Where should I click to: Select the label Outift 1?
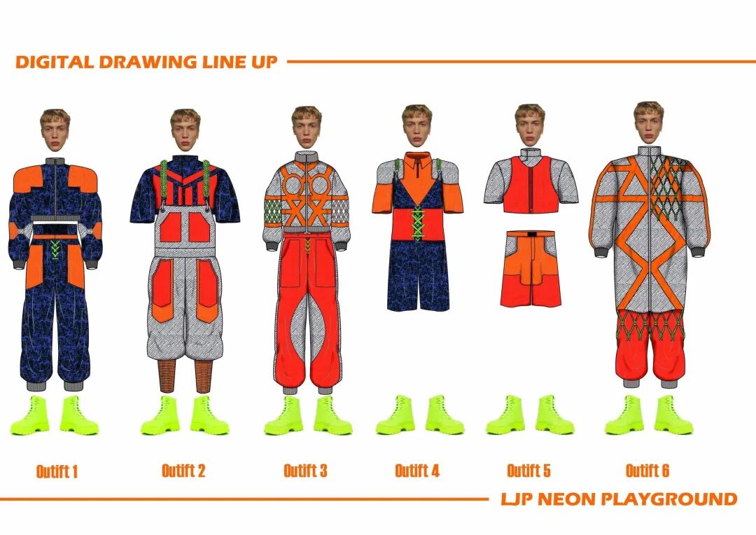(57, 471)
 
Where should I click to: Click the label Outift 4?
(417, 471)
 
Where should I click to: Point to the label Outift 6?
(647, 471)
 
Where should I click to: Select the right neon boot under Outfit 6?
(673, 415)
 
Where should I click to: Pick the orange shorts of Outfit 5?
(530, 270)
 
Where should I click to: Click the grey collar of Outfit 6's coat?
(648, 152)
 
